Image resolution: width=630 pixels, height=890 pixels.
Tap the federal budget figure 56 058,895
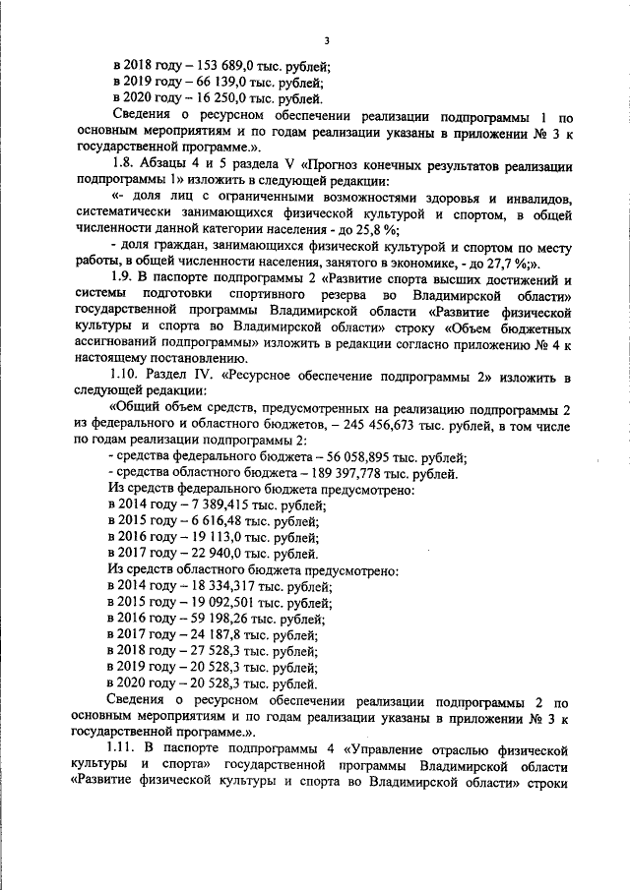(x=351, y=457)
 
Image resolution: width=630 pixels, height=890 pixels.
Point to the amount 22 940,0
(x=213, y=554)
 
